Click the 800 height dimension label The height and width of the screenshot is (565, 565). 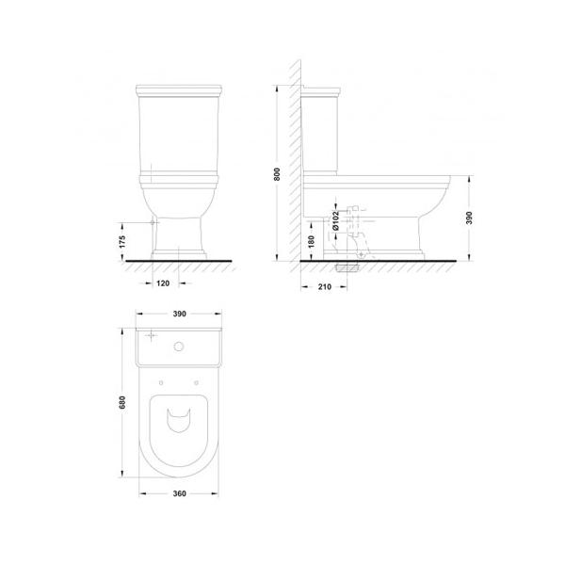[277, 174]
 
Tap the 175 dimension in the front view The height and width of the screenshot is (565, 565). [122, 241]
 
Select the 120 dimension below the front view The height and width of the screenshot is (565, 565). [163, 283]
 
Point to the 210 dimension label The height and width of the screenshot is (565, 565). [324, 287]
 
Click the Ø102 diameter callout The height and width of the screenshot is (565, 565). [335, 220]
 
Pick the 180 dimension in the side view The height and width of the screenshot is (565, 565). [312, 241]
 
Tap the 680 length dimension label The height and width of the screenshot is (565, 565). [122, 402]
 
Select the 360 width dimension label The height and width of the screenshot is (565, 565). [179, 493]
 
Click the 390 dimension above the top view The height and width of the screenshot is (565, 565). [179, 314]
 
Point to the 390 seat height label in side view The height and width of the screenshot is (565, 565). [469, 218]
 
